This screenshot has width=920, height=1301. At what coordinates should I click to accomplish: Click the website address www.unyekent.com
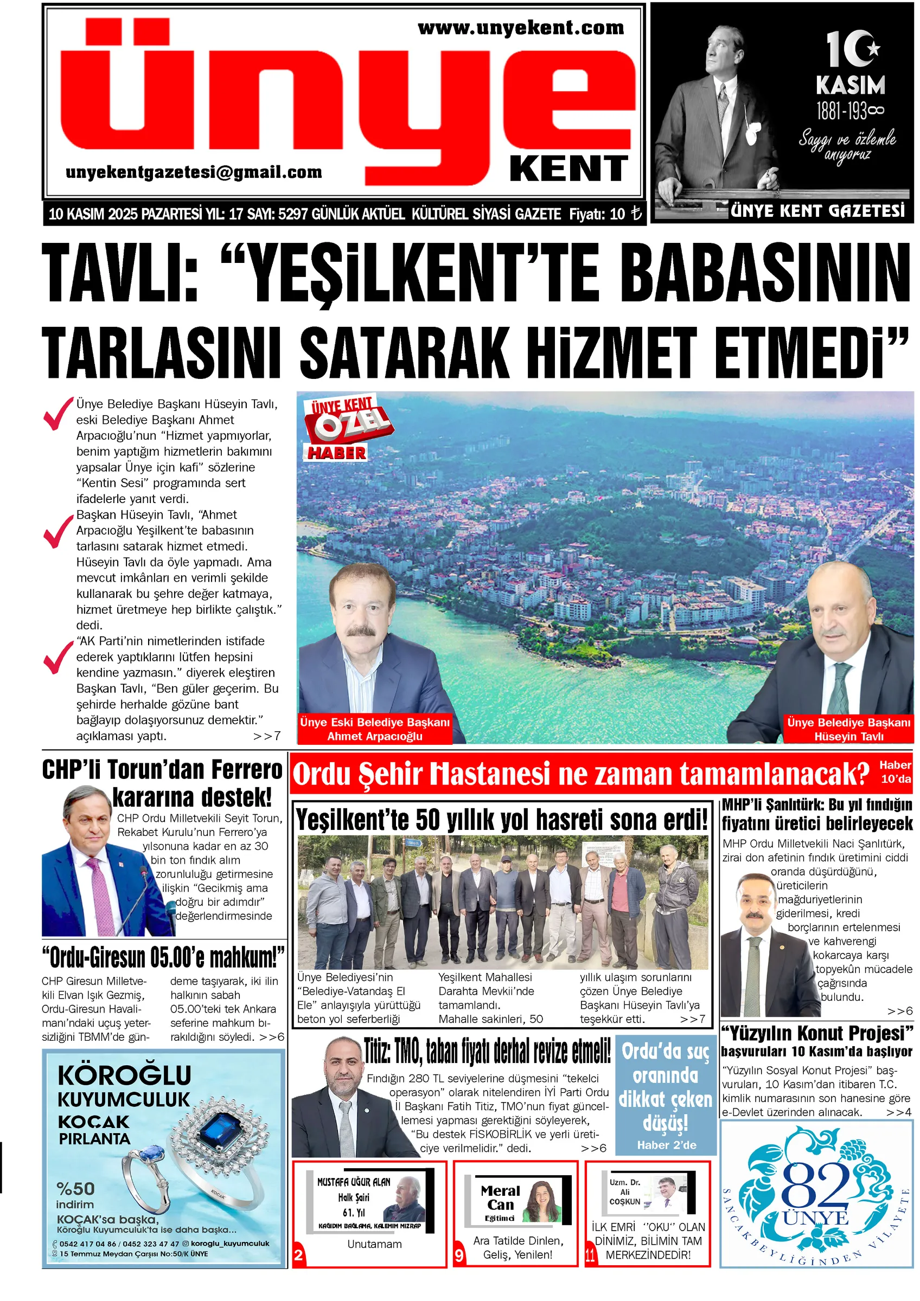point(520,28)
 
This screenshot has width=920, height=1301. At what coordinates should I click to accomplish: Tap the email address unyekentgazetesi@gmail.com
point(193,172)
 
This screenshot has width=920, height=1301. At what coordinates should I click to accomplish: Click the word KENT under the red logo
point(568,169)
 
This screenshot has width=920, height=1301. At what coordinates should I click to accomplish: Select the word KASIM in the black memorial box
point(849,86)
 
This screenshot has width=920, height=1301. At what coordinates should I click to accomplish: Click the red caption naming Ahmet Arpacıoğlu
point(375,729)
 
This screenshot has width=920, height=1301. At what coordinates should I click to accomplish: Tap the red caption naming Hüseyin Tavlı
point(848,729)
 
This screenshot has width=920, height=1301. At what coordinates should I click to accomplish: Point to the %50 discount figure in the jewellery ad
point(75,1188)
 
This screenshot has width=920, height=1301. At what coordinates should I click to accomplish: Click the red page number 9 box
point(459,1255)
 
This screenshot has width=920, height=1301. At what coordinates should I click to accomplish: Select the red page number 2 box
point(298,1255)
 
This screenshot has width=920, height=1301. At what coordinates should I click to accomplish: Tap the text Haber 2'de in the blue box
point(666,1144)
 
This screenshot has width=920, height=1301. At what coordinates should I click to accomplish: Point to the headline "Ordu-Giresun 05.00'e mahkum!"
point(163,958)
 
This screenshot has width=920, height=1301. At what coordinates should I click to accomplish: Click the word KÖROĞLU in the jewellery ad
point(124,1075)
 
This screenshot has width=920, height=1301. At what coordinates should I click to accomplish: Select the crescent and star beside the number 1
point(868,48)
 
